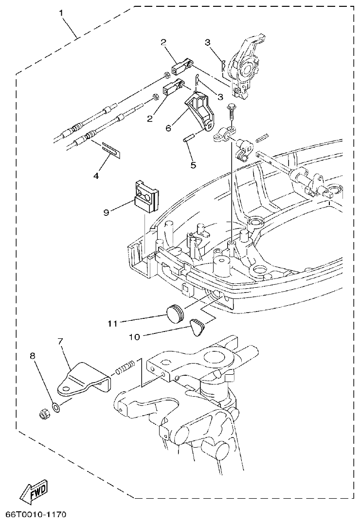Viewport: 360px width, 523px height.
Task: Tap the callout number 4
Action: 96,176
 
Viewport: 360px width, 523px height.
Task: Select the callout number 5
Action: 193,165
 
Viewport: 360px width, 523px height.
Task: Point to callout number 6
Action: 168,128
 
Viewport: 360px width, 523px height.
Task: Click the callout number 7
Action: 60,342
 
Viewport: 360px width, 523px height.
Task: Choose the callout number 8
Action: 33,356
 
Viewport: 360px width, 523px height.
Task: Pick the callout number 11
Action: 113,322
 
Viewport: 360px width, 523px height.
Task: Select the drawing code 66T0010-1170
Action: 36,514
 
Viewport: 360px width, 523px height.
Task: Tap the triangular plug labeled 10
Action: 196,327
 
